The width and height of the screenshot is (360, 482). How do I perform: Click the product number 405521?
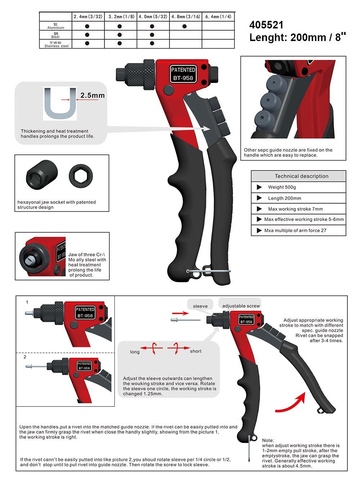tap(266, 25)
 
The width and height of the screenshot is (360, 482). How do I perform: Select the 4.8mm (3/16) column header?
tap(185, 17)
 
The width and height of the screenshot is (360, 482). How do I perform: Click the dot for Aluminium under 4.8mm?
tap(185, 26)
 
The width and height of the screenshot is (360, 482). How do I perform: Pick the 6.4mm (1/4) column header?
tap(218, 17)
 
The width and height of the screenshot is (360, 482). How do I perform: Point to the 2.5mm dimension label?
tap(92, 95)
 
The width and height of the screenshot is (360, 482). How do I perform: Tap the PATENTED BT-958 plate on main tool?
tap(183, 74)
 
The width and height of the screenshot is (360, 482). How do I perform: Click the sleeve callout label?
tap(200, 306)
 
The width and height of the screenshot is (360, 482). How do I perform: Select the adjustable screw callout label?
tap(241, 306)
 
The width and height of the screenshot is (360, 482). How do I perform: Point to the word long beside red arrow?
tap(135, 352)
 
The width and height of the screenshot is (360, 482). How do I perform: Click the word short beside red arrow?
tap(195, 351)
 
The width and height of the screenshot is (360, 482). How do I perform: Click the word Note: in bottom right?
tap(268, 440)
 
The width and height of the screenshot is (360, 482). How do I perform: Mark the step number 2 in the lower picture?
tap(25, 357)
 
